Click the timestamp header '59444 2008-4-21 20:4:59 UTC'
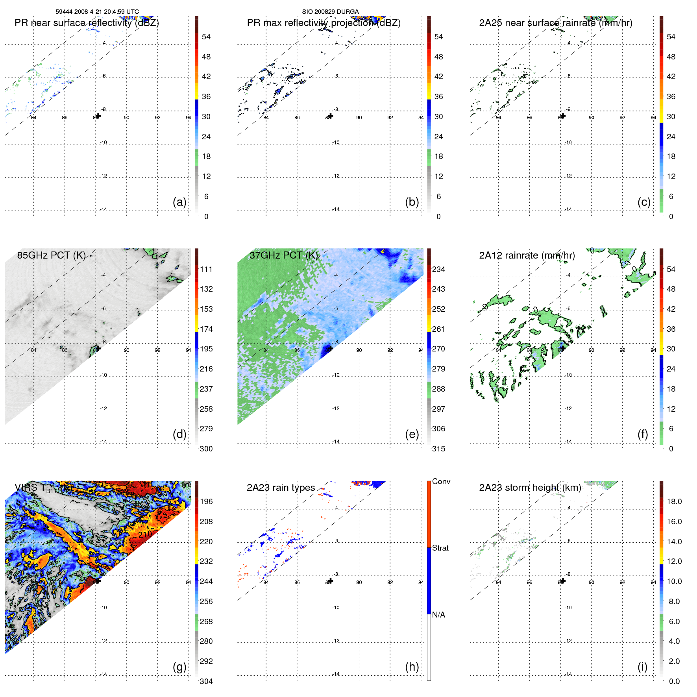(97, 12)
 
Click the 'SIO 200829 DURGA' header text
(330, 12)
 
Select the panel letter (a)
(179, 202)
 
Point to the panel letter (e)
(412, 434)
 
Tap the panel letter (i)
(642, 666)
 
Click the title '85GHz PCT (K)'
(51, 255)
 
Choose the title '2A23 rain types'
(281, 488)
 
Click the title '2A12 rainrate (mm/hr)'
(527, 255)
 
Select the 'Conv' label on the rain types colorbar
(441, 481)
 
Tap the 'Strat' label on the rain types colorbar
(440, 548)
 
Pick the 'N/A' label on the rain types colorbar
(438, 615)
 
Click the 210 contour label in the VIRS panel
(145, 534)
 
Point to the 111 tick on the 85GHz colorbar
(206, 269)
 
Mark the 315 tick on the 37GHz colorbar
(438, 449)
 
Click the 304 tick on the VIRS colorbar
(206, 681)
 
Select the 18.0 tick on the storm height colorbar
(674, 501)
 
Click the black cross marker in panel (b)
(331, 116)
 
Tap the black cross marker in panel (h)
(331, 581)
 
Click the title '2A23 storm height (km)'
(530, 488)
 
